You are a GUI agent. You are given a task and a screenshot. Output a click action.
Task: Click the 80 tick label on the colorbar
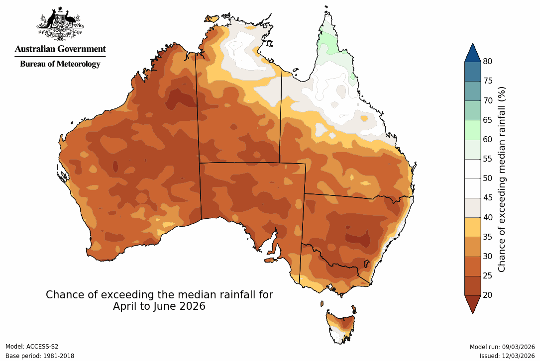tap(488, 62)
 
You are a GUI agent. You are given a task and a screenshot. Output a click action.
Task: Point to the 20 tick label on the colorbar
tap(488, 295)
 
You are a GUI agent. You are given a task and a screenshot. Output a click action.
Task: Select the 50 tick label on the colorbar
tap(488, 179)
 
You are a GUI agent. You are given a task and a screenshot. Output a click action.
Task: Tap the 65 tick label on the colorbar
tap(488, 120)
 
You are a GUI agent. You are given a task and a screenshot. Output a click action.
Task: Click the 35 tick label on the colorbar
tap(488, 237)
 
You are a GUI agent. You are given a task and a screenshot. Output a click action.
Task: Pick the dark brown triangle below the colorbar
tap(472, 303)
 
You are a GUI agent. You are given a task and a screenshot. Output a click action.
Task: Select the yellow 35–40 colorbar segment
tap(472, 227)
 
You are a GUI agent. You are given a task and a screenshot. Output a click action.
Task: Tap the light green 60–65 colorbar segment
tap(472, 129)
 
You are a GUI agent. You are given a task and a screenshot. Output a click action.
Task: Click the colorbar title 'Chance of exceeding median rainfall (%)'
tap(502, 179)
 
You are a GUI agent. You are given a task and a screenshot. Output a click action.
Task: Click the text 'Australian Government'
tap(60, 49)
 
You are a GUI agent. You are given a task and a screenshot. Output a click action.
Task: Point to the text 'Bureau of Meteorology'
tap(60, 64)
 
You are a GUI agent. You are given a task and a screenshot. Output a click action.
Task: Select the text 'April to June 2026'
tap(159, 306)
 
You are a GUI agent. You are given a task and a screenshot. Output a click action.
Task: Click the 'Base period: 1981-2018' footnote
tap(40, 356)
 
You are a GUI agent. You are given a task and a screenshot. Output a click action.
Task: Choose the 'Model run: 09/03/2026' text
tap(502, 347)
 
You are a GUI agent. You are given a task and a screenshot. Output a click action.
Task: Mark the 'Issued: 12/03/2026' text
tap(507, 356)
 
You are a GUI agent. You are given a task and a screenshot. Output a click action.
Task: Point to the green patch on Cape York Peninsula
tap(328, 42)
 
